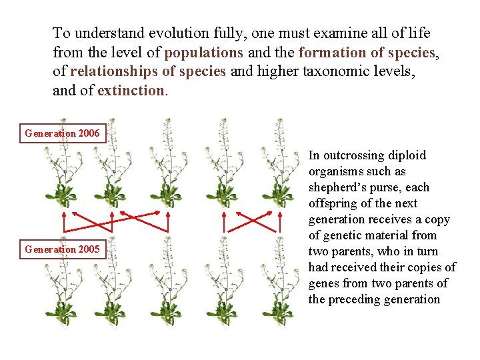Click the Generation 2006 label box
tap(62, 133)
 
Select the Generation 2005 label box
tap(62, 249)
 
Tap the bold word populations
tap(204, 52)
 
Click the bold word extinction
tap(131, 90)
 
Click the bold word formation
tap(330, 52)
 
